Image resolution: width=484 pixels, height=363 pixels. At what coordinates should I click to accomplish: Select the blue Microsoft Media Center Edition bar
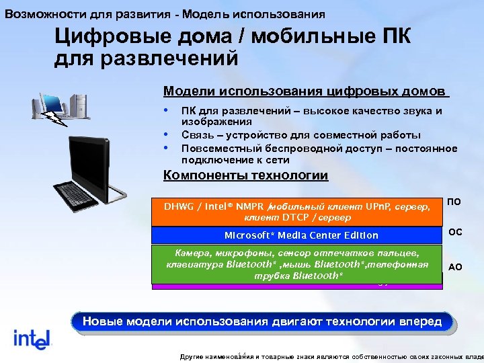pos(296,235)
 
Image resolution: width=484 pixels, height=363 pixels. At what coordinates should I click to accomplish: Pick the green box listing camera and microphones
pos(296,264)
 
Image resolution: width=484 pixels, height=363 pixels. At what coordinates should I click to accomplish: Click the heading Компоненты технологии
pos(246,176)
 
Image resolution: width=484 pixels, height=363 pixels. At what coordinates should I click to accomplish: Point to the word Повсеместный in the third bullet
pos(219,147)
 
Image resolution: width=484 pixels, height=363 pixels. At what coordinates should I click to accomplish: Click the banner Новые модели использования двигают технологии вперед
pos(261,321)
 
